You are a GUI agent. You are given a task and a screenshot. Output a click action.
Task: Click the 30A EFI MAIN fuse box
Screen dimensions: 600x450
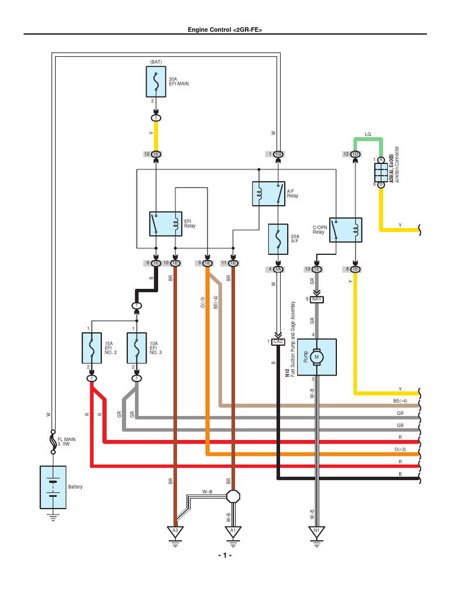pyautogui.click(x=156, y=81)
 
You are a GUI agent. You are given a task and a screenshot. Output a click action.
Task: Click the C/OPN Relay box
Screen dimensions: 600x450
pyautogui.click(x=345, y=229)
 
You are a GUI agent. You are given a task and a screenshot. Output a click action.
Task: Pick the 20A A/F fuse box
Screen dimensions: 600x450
pyautogui.click(x=278, y=240)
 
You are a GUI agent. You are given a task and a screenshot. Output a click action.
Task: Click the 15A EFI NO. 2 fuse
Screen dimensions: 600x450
pyautogui.click(x=91, y=348)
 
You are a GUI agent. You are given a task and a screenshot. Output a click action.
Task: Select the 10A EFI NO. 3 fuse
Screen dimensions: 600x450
pyautogui.click(x=137, y=348)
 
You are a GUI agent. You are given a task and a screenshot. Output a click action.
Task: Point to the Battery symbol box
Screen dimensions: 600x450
pyautogui.click(x=53, y=487)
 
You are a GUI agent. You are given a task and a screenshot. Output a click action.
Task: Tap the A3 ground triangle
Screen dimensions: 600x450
pyautogui.click(x=174, y=531)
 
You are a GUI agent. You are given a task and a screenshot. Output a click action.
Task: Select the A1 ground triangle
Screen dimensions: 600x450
pyautogui.click(x=233, y=531)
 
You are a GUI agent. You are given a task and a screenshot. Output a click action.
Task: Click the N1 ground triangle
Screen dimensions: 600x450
pyautogui.click(x=316, y=531)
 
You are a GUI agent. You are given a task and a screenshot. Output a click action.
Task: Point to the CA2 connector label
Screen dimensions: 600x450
pyautogui.click(x=278, y=341)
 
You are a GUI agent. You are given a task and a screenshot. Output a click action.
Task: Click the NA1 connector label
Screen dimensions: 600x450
pyautogui.click(x=317, y=299)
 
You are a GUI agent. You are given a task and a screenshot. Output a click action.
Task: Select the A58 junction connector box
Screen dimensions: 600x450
pyautogui.click(x=380, y=172)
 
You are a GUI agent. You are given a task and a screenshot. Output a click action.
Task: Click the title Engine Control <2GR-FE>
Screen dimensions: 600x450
pyautogui.click(x=225, y=29)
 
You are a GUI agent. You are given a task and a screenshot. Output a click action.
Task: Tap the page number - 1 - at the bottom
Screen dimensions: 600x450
pyautogui.click(x=225, y=555)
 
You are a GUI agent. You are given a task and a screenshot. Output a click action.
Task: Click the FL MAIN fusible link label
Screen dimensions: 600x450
pyautogui.click(x=67, y=441)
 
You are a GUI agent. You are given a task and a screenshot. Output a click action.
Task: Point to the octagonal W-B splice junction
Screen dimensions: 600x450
pyautogui.click(x=233, y=496)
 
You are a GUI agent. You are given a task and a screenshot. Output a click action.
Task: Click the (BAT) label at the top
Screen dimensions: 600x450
pyautogui.click(x=156, y=60)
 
